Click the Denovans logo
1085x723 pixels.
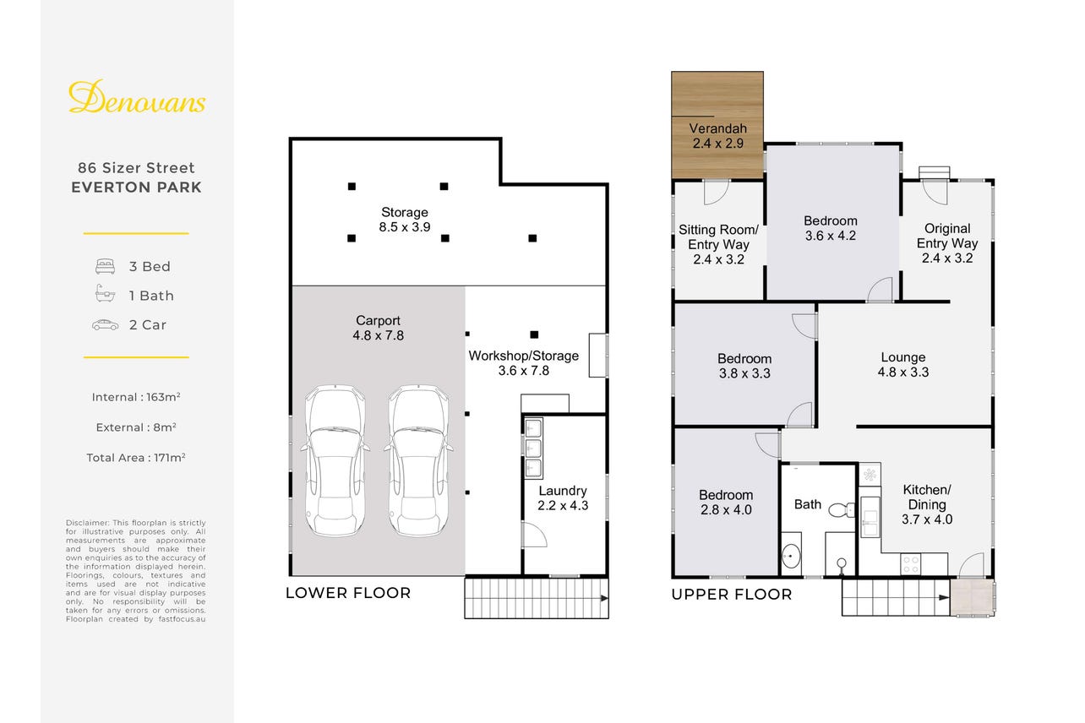pyautogui.click(x=137, y=97)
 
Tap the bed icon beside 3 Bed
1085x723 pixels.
pyautogui.click(x=105, y=266)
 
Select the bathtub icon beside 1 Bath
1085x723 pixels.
pyautogui.click(x=105, y=293)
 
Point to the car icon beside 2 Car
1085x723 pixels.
pyautogui.click(x=105, y=325)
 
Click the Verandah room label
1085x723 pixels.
pyautogui.click(x=718, y=136)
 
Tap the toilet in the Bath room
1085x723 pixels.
pyautogui.click(x=842, y=510)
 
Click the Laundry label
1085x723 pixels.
pyautogui.click(x=563, y=497)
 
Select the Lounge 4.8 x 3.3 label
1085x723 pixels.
pyautogui.click(x=902, y=365)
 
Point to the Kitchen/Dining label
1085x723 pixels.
pyautogui.click(x=927, y=504)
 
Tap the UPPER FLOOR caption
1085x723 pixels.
pyautogui.click(x=732, y=594)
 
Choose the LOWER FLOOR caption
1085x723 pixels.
pyautogui.click(x=348, y=593)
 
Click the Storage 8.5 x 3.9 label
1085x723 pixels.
pyautogui.click(x=405, y=220)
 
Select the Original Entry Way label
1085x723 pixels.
pyautogui.click(x=947, y=243)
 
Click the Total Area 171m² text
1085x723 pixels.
pyautogui.click(x=136, y=458)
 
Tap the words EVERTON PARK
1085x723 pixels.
pyautogui.click(x=136, y=188)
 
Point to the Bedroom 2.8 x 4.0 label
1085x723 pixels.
pyautogui.click(x=726, y=503)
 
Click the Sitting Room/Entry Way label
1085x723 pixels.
pyautogui.click(x=718, y=244)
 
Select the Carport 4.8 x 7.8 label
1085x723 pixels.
pyautogui.click(x=378, y=328)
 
